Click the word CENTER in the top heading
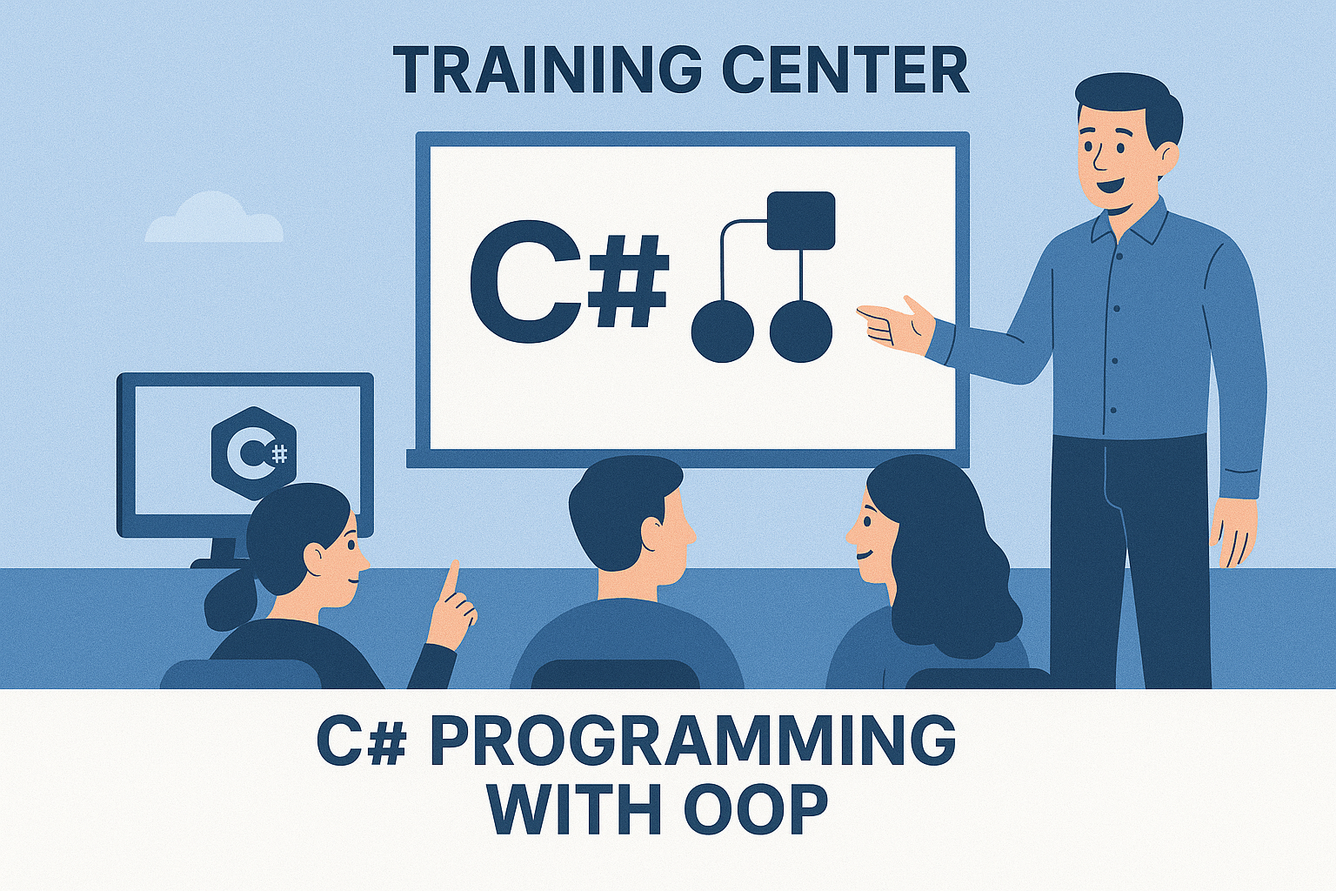pyautogui.click(x=845, y=70)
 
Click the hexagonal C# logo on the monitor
pyautogui.click(x=253, y=453)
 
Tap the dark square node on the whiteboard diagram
pyautogui.click(x=800, y=221)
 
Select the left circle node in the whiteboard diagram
pyautogui.click(x=722, y=332)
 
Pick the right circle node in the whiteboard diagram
pyautogui.click(x=800, y=332)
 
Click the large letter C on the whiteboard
pyautogui.click(x=525, y=282)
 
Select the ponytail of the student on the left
pyautogui.click(x=230, y=599)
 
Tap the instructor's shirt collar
pyautogui.click(x=1127, y=224)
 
